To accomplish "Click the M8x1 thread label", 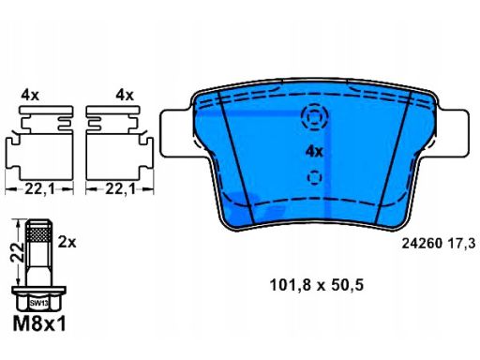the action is coord(39,323).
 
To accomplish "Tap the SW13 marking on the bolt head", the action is coord(38,303).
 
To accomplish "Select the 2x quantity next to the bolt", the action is coord(67,242).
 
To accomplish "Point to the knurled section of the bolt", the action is coord(38,234).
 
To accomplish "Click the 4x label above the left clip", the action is coord(30,95).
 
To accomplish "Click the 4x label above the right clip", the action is coord(125,95).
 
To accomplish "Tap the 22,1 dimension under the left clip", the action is coord(39,188).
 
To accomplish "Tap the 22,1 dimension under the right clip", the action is coord(120,188).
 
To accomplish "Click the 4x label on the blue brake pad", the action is coord(314,152).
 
